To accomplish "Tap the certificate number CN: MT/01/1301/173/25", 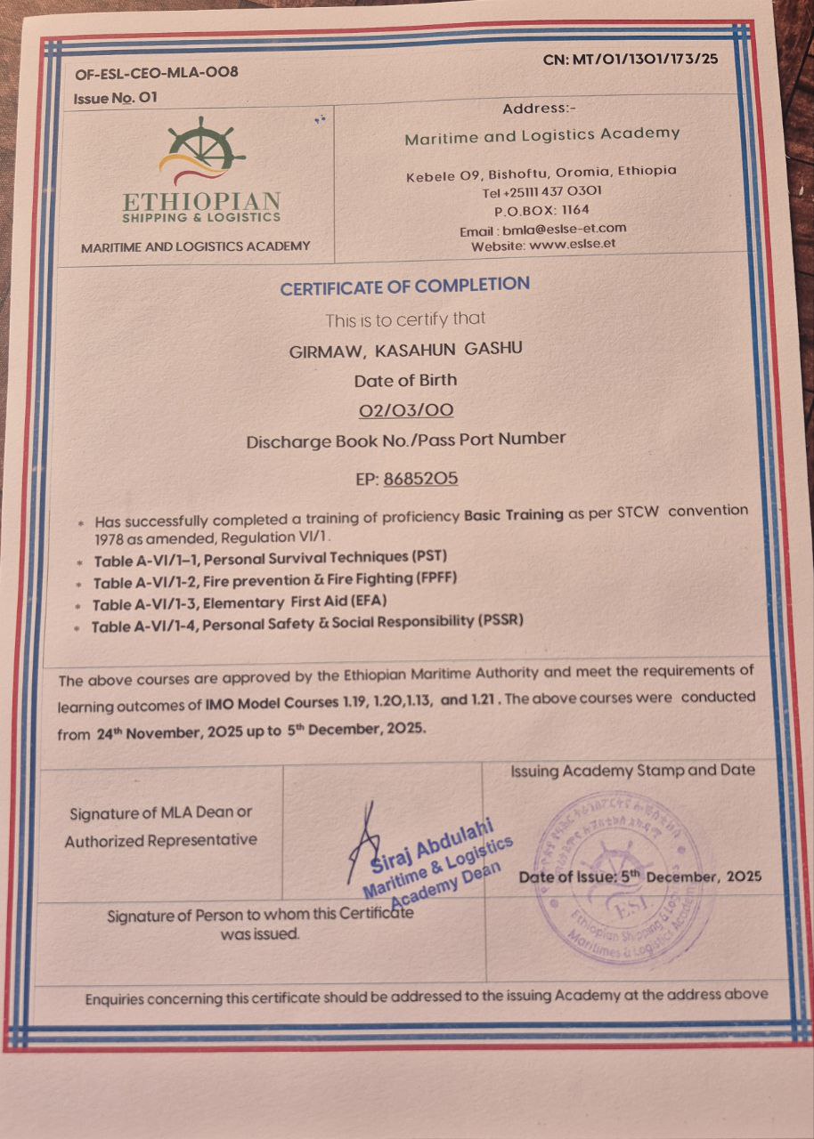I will click(x=631, y=60).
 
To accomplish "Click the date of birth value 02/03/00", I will click(x=405, y=410).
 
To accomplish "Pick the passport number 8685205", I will click(x=420, y=478).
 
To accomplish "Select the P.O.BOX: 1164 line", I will click(x=541, y=211).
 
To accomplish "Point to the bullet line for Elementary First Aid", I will click(x=240, y=602).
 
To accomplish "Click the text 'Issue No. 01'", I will click(x=116, y=97).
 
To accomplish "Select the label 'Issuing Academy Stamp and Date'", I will click(x=632, y=771).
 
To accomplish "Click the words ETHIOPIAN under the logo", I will click(x=202, y=201).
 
